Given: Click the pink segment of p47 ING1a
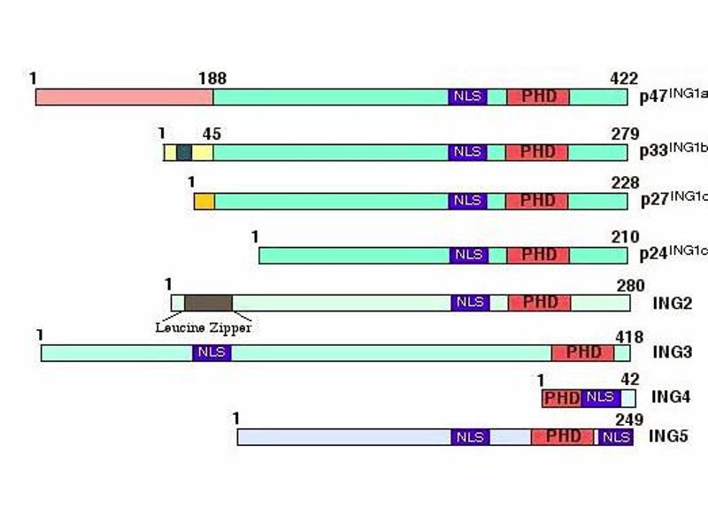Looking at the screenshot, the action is coord(124,97).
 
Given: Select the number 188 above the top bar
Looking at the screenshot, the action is coord(212,79).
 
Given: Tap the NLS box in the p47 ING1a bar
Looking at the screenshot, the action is coord(468,97).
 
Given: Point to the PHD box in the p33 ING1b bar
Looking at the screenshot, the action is coord(537,152).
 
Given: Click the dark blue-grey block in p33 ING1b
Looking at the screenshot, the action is coord(184,152).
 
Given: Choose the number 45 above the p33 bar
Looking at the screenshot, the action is coord(212,135).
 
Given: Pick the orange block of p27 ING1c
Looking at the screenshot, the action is coord(204,202).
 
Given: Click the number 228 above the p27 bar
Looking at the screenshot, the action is coord(626,183).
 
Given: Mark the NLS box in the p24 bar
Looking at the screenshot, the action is coord(469,256).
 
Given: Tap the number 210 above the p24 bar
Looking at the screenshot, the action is coord(626,237).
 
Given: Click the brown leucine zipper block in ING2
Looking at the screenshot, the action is coord(208,303).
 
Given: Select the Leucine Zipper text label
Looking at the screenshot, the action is coord(204,327).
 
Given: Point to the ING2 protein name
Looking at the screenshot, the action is coord(673,303).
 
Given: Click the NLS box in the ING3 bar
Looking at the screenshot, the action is coord(212,353).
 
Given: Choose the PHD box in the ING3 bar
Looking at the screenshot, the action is coord(583,353).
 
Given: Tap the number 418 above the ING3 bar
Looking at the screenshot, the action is coord(629,337).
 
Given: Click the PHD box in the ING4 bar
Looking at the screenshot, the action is coord(562,399).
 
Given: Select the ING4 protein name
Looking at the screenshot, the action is coord(671,396).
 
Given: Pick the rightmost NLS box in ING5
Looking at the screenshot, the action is coord(616,437).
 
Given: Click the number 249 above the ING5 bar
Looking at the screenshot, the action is coord(629,419).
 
